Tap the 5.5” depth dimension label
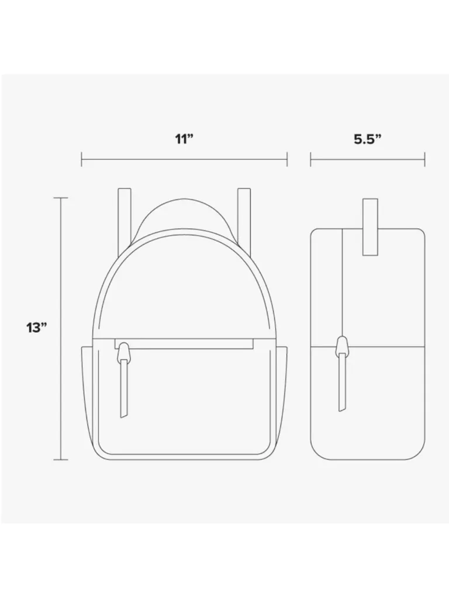click(x=368, y=139)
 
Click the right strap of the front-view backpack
click(x=244, y=218)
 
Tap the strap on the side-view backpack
click(x=370, y=227)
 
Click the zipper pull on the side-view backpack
click(x=342, y=382)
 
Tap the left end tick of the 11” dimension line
click(x=81, y=159)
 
